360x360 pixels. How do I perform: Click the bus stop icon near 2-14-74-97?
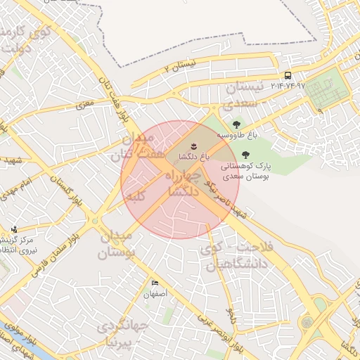tap(288, 75)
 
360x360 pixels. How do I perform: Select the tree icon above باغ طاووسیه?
tap(236, 124)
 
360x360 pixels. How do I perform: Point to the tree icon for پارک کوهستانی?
tap(245, 155)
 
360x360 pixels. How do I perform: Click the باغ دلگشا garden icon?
tap(185, 146)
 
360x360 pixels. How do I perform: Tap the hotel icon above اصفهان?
tap(155, 283)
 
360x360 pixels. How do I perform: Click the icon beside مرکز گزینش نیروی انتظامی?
tap(14, 229)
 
